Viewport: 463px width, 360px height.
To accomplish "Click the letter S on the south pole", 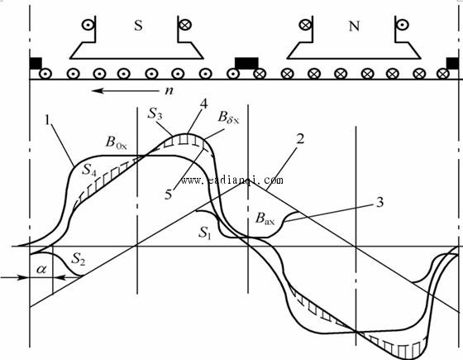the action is pyautogui.click(x=139, y=26).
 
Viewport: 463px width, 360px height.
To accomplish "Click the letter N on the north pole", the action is pyautogui.click(x=354, y=26).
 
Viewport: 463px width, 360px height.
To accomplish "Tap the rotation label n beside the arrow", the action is pyautogui.click(x=169, y=90).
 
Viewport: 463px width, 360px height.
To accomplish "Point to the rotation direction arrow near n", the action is pyautogui.click(x=126, y=90).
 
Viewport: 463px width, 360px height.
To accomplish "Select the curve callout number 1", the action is pyautogui.click(x=47, y=120).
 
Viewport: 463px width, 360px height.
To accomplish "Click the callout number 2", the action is pyautogui.click(x=300, y=139).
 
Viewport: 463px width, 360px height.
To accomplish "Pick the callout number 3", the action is pyautogui.click(x=380, y=202).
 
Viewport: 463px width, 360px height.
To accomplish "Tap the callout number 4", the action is pyautogui.click(x=204, y=103).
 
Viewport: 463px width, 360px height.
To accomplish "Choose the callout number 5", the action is pyautogui.click(x=169, y=194).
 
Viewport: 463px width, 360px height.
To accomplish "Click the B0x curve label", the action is pyautogui.click(x=116, y=142).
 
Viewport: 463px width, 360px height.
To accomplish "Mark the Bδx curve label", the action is pyautogui.click(x=228, y=117).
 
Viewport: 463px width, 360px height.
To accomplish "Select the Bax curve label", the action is pyautogui.click(x=265, y=218).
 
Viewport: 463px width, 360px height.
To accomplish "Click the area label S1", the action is pyautogui.click(x=205, y=233).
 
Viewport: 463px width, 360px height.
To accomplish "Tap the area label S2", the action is pyautogui.click(x=79, y=259).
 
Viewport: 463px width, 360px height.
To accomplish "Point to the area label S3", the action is pyautogui.click(x=155, y=113).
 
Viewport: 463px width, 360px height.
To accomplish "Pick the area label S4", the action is pyautogui.click(x=89, y=170).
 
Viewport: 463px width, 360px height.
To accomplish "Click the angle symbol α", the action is pyautogui.click(x=41, y=269).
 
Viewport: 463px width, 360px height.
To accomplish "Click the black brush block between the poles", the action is pyautogui.click(x=246, y=64).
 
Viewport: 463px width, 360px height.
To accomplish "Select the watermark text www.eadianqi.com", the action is pyautogui.click(x=232, y=180).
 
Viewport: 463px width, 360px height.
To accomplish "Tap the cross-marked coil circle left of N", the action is pyautogui.click(x=305, y=25).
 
